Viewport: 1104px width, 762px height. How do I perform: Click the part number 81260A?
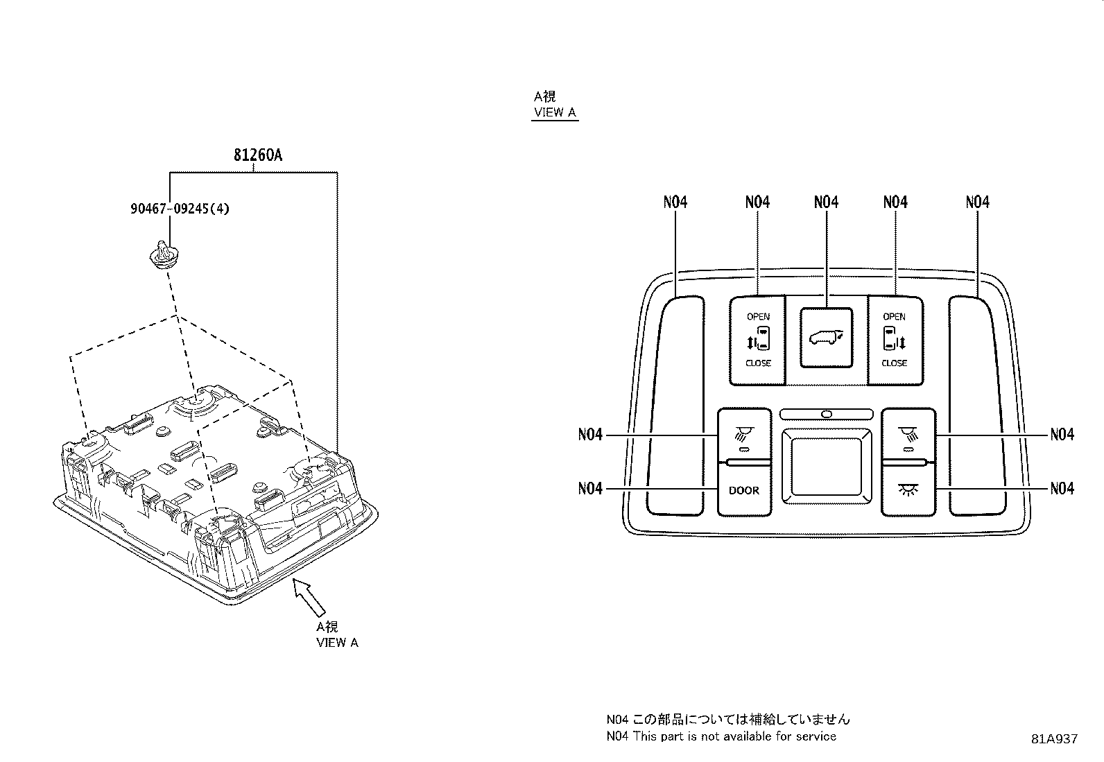pos(258,155)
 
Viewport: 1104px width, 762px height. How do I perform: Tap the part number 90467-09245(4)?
pos(180,209)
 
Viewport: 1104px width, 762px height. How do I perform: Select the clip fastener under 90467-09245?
pos(164,255)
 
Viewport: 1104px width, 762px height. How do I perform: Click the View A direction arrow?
pos(309,597)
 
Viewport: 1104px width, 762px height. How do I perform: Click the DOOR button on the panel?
pos(744,490)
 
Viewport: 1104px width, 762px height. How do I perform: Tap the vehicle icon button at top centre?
pos(827,338)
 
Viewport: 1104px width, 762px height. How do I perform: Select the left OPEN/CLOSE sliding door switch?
pos(757,340)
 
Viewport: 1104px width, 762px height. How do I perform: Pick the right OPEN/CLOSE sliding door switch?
pos(895,340)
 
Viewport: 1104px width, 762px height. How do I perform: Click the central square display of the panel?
pos(827,466)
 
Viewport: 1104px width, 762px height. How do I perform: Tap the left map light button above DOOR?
pos(744,435)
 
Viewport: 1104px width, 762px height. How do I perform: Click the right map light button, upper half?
pos(908,435)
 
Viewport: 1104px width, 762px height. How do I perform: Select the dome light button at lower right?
pos(908,490)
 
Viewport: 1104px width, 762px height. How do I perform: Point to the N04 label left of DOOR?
pos(590,488)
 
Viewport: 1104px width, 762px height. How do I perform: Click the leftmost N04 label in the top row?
pos(675,202)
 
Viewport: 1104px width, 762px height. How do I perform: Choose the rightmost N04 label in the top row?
pos(977,202)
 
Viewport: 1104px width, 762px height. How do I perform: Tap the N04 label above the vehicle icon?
pos(827,202)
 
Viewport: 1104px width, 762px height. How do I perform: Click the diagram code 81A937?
pos(1054,739)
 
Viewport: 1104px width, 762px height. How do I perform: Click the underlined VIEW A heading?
pos(555,112)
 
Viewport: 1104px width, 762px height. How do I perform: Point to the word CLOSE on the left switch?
pos(758,363)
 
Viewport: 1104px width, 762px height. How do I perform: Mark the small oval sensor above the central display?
pos(827,414)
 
